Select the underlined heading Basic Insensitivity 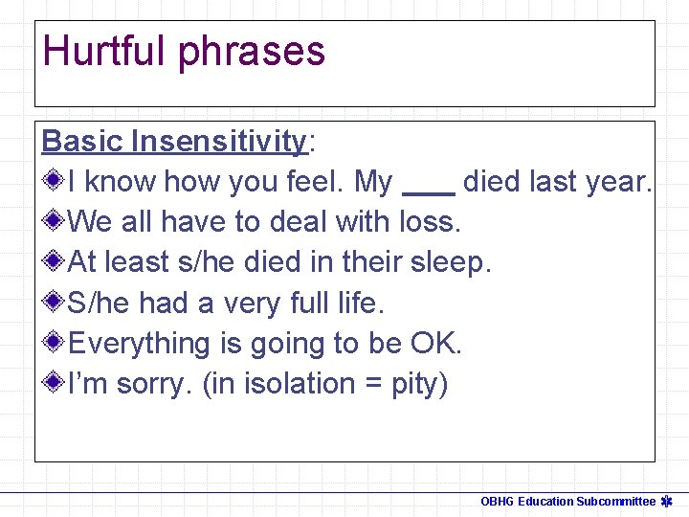pyautogui.click(x=173, y=142)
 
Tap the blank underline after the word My pyautogui.click(x=428, y=191)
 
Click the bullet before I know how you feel pyautogui.click(x=55, y=180)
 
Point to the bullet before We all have pyautogui.click(x=55, y=221)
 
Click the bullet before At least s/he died pyautogui.click(x=55, y=261)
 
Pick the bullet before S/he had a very pyautogui.click(x=55, y=303)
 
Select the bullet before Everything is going pyautogui.click(x=55, y=343)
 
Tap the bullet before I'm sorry pyautogui.click(x=55, y=383)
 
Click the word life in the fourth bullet pyautogui.click(x=359, y=303)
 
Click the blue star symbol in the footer pyautogui.click(x=667, y=501)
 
